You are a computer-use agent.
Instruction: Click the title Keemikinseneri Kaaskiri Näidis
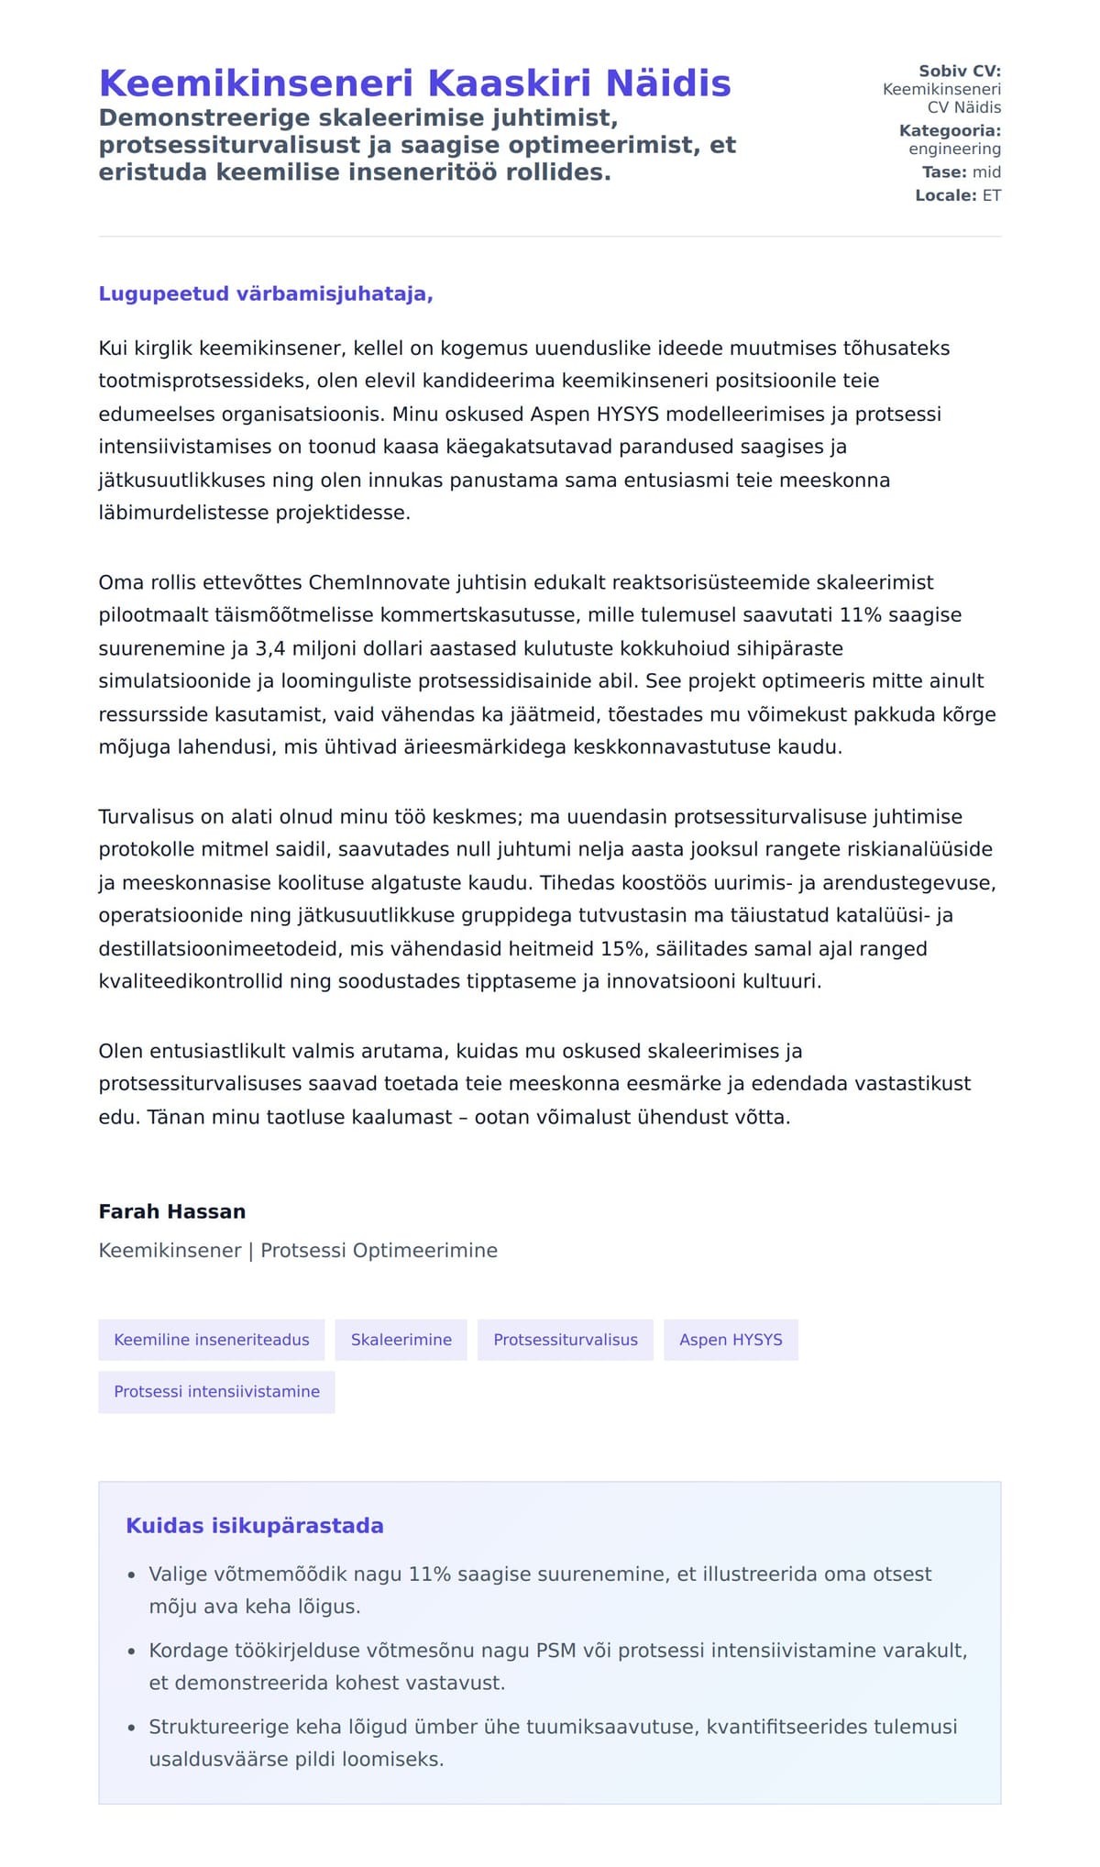tap(414, 83)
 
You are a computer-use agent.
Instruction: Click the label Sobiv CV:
tap(959, 72)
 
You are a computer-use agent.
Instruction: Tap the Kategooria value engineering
tap(954, 149)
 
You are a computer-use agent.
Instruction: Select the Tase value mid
tap(986, 172)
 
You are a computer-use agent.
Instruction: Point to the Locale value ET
tap(992, 195)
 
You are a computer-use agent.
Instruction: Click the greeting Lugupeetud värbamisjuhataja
tap(266, 294)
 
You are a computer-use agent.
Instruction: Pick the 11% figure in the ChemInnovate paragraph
tap(860, 615)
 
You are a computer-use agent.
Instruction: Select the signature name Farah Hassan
tap(172, 1211)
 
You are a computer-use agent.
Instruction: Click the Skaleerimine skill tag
tap(401, 1340)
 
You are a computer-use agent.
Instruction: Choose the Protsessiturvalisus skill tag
tap(565, 1340)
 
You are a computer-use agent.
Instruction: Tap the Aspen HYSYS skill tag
tap(731, 1340)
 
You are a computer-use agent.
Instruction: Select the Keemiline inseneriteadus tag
tap(212, 1340)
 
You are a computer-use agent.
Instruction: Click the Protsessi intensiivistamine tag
tap(216, 1392)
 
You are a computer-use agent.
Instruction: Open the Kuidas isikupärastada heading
tap(255, 1526)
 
